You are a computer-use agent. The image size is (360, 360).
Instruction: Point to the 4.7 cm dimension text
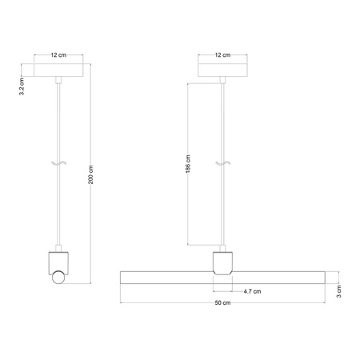point(253,291)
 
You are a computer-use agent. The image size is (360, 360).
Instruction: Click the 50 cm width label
point(222,304)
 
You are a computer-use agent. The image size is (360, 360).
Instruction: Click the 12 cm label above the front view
point(223,56)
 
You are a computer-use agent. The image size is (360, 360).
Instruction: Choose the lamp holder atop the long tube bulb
point(223,262)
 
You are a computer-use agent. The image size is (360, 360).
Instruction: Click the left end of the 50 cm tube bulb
point(122,278)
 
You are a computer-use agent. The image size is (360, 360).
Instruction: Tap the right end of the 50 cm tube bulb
point(323,278)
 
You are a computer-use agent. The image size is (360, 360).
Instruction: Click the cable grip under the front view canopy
point(223,80)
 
